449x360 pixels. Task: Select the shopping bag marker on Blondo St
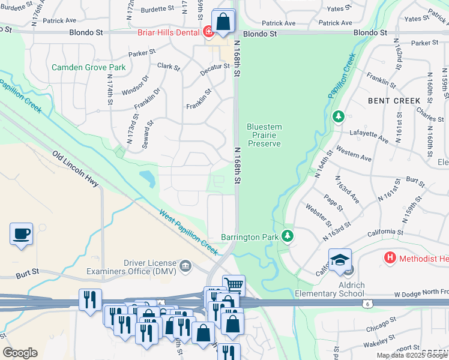pos(223,22)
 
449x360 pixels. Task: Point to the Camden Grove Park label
pos(89,67)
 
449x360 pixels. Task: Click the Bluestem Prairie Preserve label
pos(264,135)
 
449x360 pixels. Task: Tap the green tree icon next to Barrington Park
pos(288,237)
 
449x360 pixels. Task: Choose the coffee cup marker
pos(22,233)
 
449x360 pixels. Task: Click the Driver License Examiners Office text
pos(150,267)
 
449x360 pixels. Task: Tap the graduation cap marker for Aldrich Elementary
pos(340,259)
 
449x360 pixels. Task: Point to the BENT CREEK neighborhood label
pos(394,101)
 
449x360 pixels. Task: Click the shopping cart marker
pos(234,285)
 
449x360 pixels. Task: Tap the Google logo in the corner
pos(20,353)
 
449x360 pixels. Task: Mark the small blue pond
pos(145,177)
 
